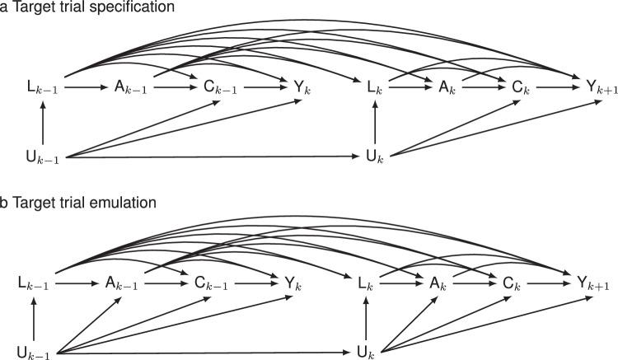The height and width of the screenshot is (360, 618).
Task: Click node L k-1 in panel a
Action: point(37,85)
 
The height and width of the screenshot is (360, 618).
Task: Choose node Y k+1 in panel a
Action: point(588,85)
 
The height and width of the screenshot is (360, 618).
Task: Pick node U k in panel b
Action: point(366,354)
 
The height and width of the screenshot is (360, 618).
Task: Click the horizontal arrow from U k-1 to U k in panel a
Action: point(214,156)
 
